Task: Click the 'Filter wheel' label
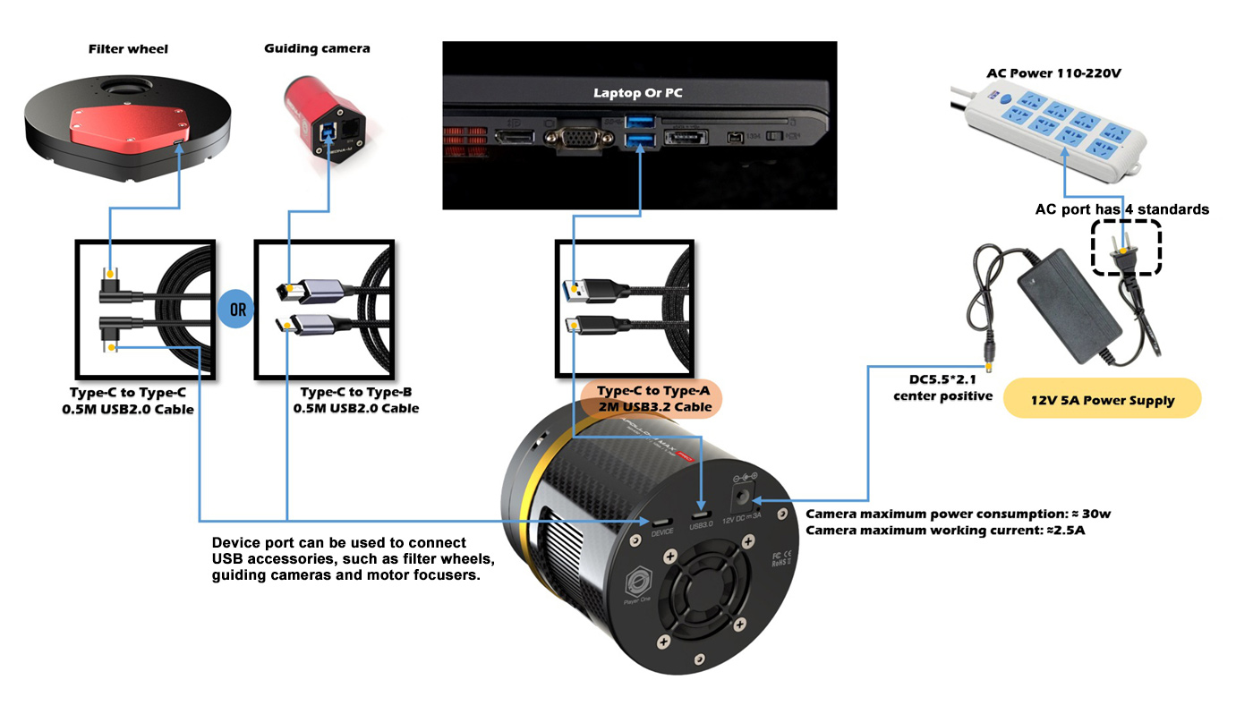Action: tap(128, 48)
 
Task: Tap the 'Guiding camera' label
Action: tap(316, 48)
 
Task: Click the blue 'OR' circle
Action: tap(236, 309)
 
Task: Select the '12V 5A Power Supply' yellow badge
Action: tap(1102, 400)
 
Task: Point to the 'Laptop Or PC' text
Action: tap(638, 93)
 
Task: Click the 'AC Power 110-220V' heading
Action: tap(1053, 72)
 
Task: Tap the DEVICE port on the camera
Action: tap(662, 521)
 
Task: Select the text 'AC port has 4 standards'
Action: tap(1121, 209)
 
